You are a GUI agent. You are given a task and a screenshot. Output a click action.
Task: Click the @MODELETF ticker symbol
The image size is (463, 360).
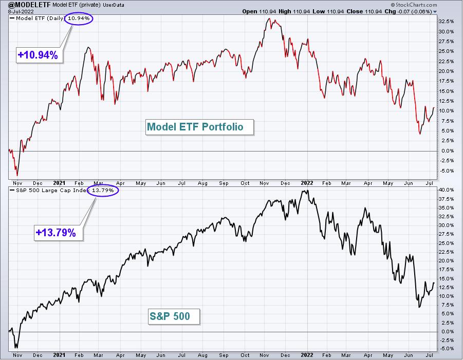point(26,5)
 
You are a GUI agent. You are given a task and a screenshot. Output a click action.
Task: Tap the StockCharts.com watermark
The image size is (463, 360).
point(414,5)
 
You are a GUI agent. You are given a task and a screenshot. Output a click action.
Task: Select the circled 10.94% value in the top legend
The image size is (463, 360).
point(79,18)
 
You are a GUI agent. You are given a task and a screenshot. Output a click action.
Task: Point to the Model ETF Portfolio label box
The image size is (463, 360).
point(199,127)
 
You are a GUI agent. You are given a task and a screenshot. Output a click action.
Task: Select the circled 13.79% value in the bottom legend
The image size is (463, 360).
point(103,191)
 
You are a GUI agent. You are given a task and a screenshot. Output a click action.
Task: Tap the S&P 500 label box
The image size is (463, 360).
point(174,316)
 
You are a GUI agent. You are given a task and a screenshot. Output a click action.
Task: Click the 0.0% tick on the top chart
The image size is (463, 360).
point(447,151)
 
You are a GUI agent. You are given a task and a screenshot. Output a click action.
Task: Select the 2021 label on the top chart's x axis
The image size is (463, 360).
point(59,183)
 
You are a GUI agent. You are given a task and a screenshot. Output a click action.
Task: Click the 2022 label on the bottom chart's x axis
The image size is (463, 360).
point(307,355)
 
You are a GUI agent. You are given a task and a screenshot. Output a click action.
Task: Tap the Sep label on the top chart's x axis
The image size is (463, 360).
point(224,183)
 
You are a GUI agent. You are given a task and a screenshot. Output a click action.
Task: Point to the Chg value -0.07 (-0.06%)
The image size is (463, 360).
point(413,11)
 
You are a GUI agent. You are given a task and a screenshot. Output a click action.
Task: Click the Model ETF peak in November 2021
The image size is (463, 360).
point(269,18)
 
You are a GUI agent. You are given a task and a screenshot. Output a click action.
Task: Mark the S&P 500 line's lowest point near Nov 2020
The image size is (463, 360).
point(16,348)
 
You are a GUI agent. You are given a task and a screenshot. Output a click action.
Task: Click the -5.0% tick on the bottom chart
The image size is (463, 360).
point(447,349)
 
